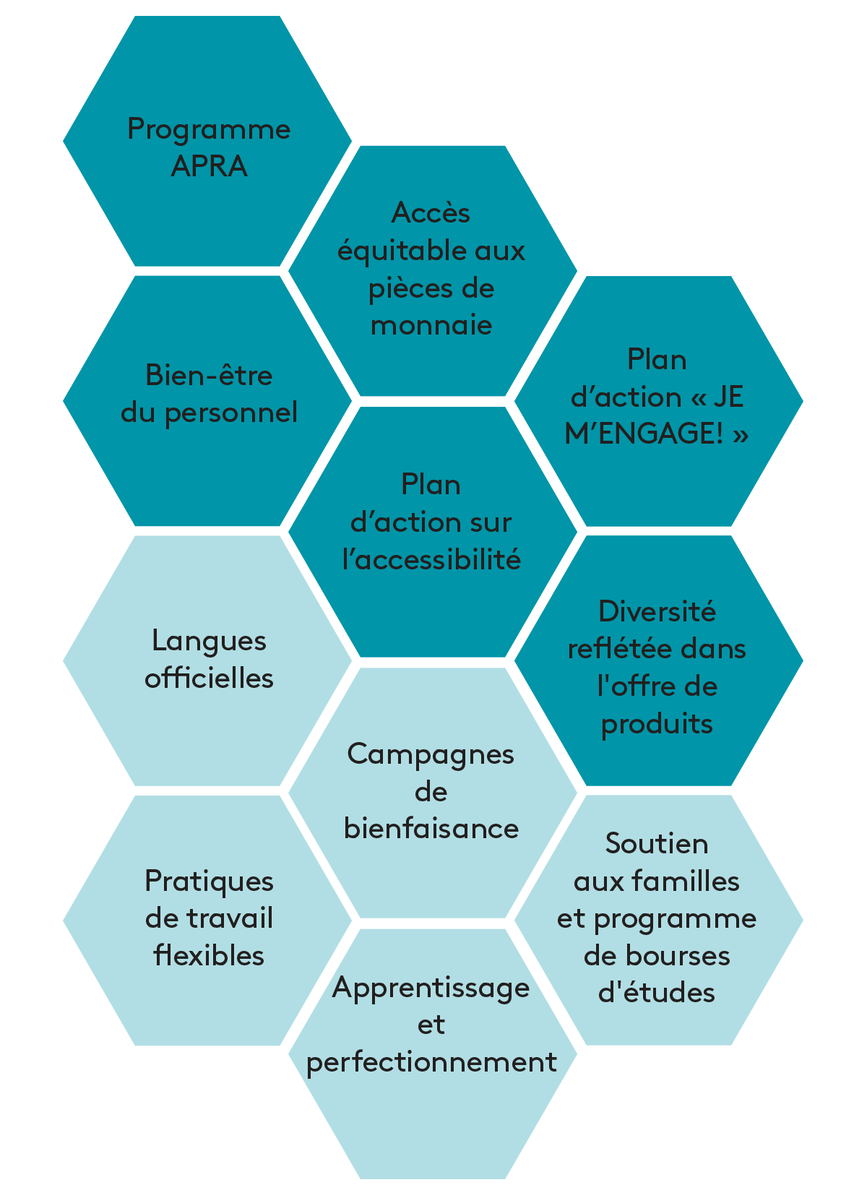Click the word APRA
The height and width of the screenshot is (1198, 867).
coord(209,165)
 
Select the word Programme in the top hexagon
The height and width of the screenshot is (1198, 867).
coord(209,131)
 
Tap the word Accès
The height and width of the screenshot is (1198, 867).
coord(431,212)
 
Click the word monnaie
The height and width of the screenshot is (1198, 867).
coord(431,325)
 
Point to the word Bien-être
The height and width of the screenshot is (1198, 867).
coord(209,375)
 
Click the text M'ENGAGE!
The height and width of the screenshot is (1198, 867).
coord(644,433)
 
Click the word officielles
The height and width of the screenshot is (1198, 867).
coord(209,678)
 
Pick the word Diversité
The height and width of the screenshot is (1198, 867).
coord(657,611)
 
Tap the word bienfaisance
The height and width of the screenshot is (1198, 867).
coord(431,829)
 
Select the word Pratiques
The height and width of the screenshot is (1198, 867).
coord(209,883)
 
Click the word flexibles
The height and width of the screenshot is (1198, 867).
coord(209,955)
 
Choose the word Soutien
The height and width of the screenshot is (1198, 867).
coord(657,843)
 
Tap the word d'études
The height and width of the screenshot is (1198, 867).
coord(657,993)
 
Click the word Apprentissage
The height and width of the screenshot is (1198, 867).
coord(431,989)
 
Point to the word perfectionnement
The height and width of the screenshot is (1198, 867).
coord(431,1063)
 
